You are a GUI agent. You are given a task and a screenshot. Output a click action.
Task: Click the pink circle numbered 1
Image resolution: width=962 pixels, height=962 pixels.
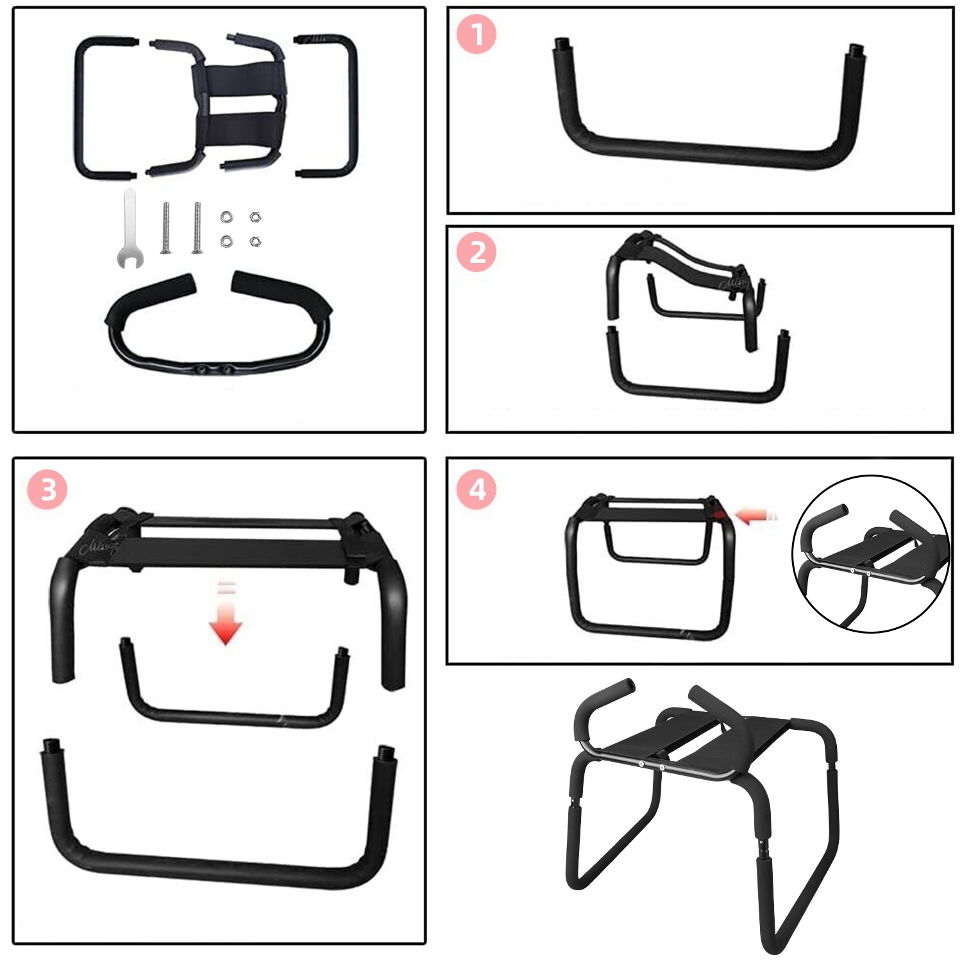[477, 34]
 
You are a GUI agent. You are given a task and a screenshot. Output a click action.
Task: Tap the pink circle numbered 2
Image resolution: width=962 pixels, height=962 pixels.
[477, 252]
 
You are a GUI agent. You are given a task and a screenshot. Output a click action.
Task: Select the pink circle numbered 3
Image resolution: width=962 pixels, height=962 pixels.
[47, 489]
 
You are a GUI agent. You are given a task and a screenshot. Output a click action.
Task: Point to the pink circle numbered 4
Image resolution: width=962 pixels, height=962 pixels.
[477, 489]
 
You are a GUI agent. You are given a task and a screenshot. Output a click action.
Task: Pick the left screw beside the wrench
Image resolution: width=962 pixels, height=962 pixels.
[165, 228]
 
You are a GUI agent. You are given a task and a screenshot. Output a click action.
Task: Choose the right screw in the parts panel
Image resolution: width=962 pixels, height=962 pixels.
[196, 228]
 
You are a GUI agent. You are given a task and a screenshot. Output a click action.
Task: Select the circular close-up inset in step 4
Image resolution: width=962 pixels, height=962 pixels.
[871, 554]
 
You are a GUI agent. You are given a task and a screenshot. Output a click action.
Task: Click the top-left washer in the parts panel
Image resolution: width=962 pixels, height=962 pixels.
[226, 217]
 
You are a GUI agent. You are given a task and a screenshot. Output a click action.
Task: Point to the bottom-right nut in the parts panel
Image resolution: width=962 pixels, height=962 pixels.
[255, 242]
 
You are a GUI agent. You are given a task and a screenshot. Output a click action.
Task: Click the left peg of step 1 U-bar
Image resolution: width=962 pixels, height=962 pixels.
[562, 47]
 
